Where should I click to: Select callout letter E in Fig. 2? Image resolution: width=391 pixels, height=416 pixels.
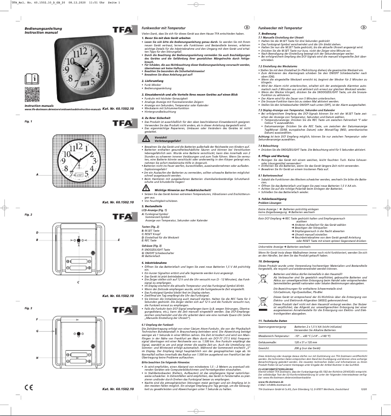[119, 240]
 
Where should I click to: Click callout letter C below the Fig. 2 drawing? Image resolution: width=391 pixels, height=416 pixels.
[72, 282]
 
